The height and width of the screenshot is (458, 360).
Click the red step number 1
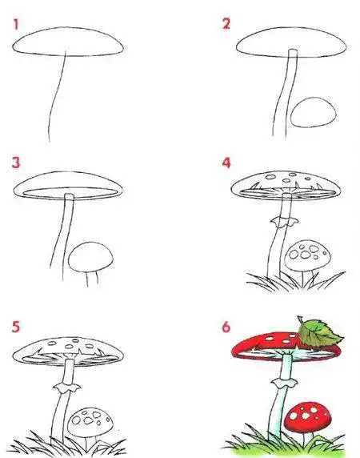click(16, 24)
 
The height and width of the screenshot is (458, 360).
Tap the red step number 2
click(226, 24)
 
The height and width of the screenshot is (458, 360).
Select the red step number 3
click(16, 163)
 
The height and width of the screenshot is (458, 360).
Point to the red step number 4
click(226, 163)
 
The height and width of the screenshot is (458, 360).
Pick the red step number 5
click(16, 326)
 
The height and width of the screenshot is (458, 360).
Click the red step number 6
click(226, 327)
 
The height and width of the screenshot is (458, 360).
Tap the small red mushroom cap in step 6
click(308, 417)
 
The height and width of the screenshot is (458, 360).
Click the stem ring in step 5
click(67, 388)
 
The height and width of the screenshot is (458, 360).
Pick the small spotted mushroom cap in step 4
click(308, 255)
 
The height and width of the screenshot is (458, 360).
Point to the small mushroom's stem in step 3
click(92, 279)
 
